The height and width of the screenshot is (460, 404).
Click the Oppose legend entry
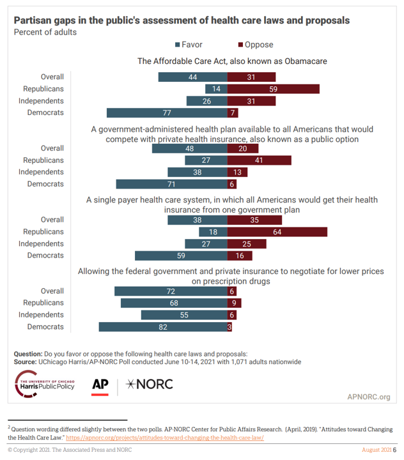pyautogui.click(x=255, y=45)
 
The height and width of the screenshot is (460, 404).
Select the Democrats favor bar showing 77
pyautogui.click(x=167, y=113)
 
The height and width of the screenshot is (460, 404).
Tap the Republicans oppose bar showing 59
pyautogui.click(x=273, y=89)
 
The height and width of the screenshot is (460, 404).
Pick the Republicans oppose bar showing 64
pyautogui.click(x=277, y=231)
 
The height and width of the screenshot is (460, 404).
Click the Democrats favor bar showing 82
pyautogui.click(x=163, y=326)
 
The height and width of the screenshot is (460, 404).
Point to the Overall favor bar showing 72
pyautogui.click(x=171, y=291)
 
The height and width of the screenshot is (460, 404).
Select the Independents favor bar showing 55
pyautogui.click(x=184, y=315)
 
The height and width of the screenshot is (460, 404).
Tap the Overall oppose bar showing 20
pyautogui.click(x=243, y=148)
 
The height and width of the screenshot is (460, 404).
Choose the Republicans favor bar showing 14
pyautogui.click(x=216, y=89)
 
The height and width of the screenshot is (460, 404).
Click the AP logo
pyautogui.click(x=100, y=385)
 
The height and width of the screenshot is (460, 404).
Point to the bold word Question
pyautogui.click(x=28, y=353)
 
